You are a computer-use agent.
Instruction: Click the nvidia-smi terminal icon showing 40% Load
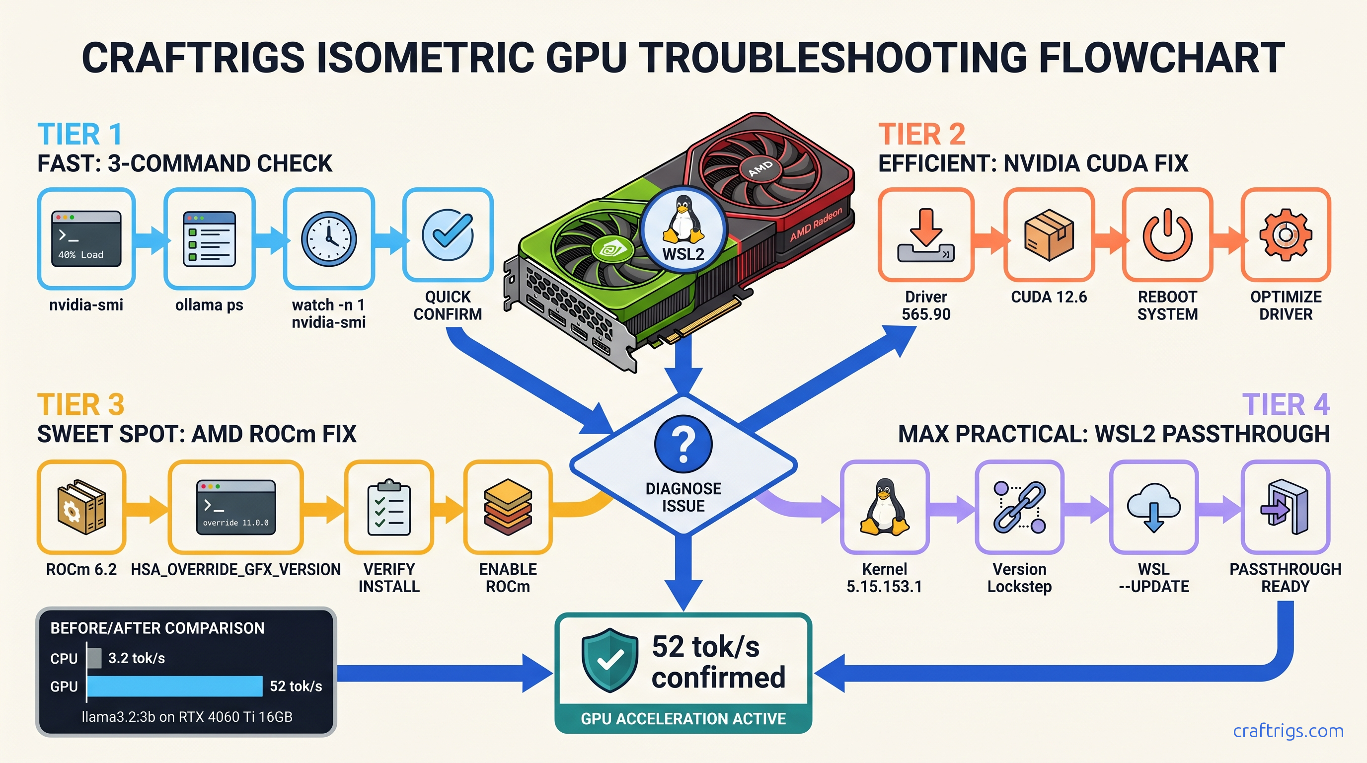86,238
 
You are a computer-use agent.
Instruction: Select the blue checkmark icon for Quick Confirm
448,235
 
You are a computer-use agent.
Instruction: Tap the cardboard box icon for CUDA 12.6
1049,235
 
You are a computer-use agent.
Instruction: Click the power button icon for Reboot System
1167,235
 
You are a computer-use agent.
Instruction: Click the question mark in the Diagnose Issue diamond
683,444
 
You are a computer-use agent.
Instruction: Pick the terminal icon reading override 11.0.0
235,507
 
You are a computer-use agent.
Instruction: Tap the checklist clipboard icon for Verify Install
389,507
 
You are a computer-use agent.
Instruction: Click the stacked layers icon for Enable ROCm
507,507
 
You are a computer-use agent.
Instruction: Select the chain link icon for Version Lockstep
1019,507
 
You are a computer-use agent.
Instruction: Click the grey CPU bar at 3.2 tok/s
94,658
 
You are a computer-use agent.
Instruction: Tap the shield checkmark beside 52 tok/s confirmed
610,660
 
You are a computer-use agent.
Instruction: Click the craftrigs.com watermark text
1288,731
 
